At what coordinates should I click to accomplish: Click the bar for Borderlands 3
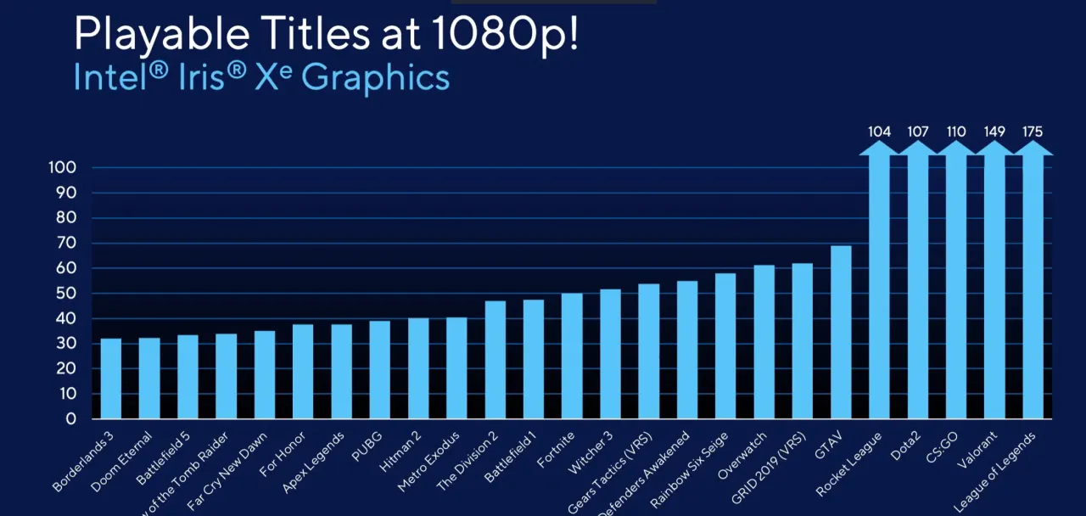click(x=111, y=379)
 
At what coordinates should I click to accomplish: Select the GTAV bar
click(x=841, y=333)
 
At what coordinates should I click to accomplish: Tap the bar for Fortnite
click(x=572, y=356)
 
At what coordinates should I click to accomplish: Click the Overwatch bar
click(x=764, y=342)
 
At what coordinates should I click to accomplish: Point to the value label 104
click(x=880, y=132)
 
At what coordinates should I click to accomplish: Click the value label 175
click(x=1033, y=132)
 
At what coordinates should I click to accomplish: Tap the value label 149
click(x=994, y=132)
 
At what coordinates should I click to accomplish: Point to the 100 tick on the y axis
click(x=64, y=168)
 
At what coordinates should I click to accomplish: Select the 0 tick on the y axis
click(x=72, y=418)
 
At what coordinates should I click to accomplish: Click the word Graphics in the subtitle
click(x=375, y=77)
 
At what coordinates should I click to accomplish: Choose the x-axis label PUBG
click(x=367, y=446)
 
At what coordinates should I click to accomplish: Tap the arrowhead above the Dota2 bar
click(x=918, y=148)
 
